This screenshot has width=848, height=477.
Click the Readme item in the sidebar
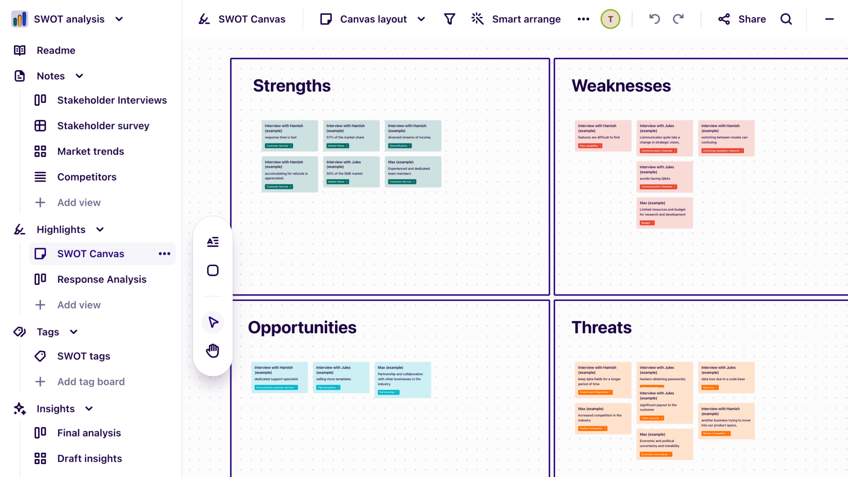coord(56,50)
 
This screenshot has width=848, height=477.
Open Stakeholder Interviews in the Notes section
coord(112,100)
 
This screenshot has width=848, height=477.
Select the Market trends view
coord(90,151)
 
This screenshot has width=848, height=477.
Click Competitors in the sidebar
coord(87,177)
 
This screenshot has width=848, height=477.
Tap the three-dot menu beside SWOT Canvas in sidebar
coord(164,254)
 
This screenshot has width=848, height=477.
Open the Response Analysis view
coord(102,279)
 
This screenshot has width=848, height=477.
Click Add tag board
coord(91,382)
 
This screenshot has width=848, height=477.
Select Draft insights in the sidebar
coord(89,458)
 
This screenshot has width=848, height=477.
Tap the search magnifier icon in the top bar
coord(786,19)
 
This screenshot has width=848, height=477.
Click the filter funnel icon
coord(449,19)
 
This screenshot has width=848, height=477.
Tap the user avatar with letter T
coord(610,19)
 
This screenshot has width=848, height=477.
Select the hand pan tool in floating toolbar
coord(213,351)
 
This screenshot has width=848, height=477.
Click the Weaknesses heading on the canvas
coord(621,86)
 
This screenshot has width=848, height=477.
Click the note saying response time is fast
coord(289,135)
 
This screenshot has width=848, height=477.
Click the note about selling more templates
coord(341,377)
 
